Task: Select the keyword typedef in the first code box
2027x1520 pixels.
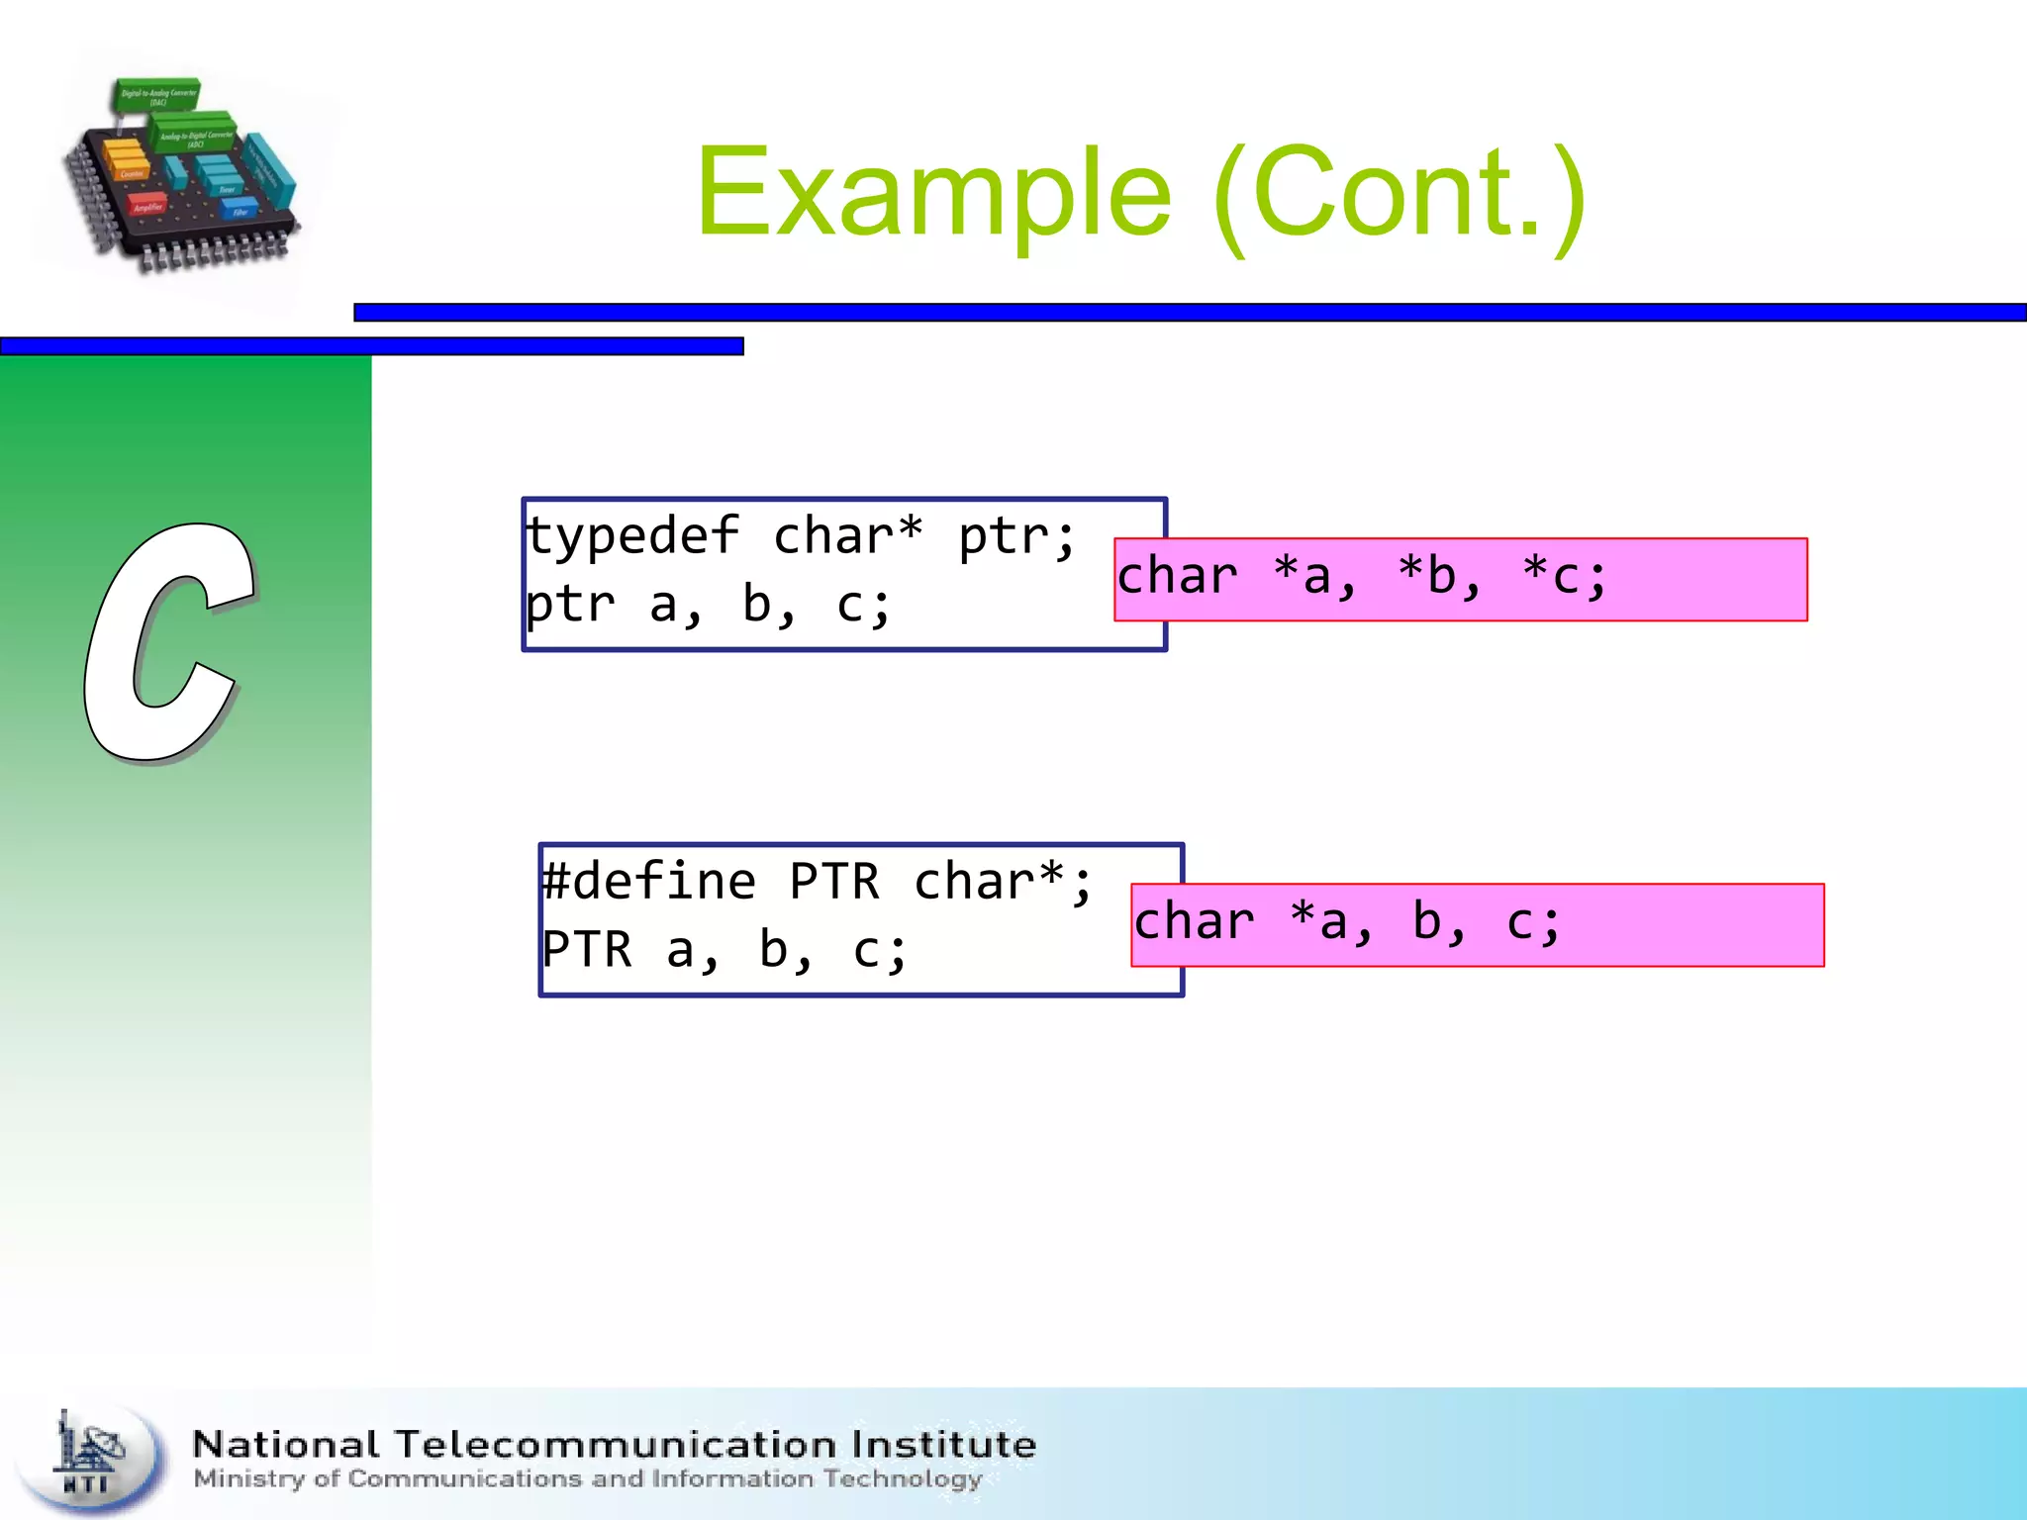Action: coord(631,537)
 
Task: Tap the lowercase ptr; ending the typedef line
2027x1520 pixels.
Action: coord(1015,537)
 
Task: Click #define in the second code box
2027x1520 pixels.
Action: coord(648,881)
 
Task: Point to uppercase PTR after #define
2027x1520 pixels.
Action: coord(833,881)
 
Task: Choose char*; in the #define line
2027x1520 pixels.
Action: coord(1002,881)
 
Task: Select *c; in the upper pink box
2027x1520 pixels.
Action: coord(1564,577)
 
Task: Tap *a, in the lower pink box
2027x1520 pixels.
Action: coord(1332,922)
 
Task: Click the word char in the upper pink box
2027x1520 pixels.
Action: coord(1178,577)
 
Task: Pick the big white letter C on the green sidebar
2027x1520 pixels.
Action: coord(168,643)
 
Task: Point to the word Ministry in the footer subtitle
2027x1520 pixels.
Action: coord(249,1479)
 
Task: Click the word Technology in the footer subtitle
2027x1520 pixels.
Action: coord(902,1479)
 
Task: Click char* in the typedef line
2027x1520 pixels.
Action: coord(848,537)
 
